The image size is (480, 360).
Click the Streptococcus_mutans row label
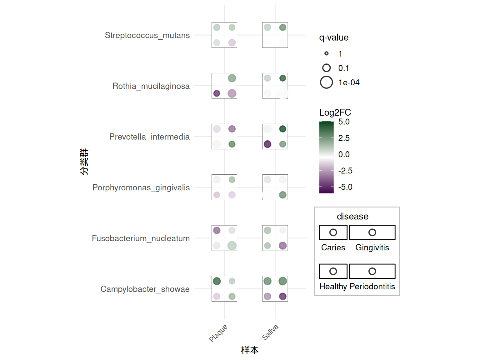pyautogui.click(x=147, y=35)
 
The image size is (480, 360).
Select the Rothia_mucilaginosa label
pyautogui.click(x=151, y=86)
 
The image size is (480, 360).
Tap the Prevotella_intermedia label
pyautogui.click(x=149, y=137)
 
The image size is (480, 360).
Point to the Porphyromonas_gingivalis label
pyautogui.click(x=141, y=187)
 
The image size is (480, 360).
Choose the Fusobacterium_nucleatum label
pyautogui.click(x=141, y=238)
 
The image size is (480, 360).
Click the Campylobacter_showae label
pyautogui.click(x=145, y=289)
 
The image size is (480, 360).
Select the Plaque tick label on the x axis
pyautogui.click(x=218, y=333)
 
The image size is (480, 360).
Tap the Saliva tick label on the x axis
pyautogui.click(x=270, y=332)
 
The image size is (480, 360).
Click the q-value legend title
pyautogui.click(x=334, y=37)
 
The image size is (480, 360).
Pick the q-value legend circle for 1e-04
pyautogui.click(x=326, y=82)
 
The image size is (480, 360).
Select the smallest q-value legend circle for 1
pyautogui.click(x=326, y=53)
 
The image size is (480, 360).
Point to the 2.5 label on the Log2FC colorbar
pyautogui.click(x=344, y=138)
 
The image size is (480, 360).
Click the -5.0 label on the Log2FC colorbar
pyautogui.click(x=345, y=187)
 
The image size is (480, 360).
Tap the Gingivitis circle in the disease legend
pyautogui.click(x=372, y=232)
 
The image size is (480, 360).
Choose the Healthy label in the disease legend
pyautogui.click(x=333, y=286)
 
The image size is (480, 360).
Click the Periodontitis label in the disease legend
pyautogui.click(x=372, y=286)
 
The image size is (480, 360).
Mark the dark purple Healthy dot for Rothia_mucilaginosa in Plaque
pyautogui.click(x=217, y=93)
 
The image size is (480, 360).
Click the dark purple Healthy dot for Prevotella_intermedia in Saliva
pyautogui.click(x=267, y=144)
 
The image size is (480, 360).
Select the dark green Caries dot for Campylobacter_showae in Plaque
pyautogui.click(x=217, y=281)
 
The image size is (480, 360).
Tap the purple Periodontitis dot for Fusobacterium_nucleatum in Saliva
pyautogui.click(x=282, y=246)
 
